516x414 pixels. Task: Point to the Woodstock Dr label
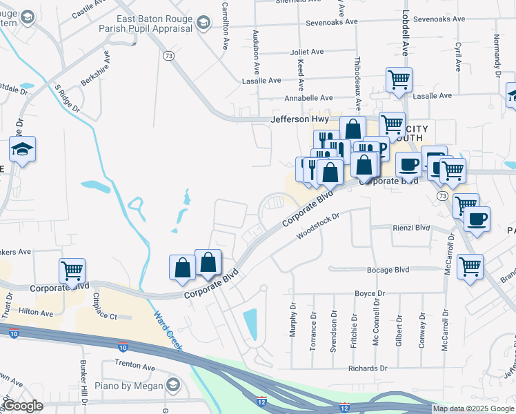[319, 226]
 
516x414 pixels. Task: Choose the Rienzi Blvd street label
[410, 228]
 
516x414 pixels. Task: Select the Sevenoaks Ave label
[333, 21]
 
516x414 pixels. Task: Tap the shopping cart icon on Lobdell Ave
[399, 81]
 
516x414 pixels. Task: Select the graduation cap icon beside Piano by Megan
[172, 384]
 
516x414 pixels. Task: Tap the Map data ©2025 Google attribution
[473, 408]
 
